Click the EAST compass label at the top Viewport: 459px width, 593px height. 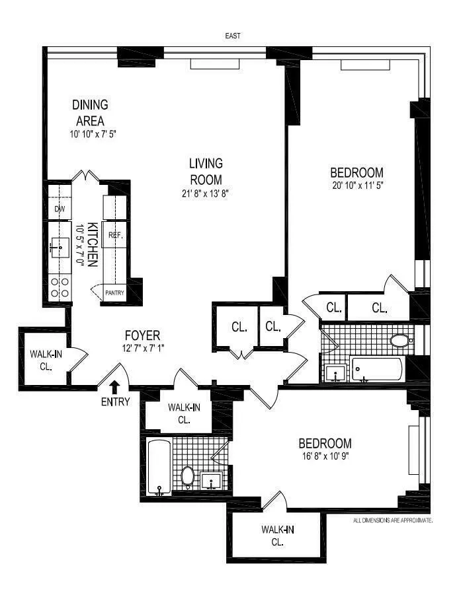click(x=232, y=36)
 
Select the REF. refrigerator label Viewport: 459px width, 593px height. click(x=115, y=234)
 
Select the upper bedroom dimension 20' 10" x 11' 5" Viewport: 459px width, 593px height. click(x=357, y=186)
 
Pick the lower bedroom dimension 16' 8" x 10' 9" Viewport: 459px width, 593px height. click(x=325, y=456)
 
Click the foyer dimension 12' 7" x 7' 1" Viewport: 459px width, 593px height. click(x=142, y=348)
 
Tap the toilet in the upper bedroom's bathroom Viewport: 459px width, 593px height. click(x=399, y=341)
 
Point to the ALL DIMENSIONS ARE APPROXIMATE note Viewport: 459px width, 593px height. click(x=392, y=520)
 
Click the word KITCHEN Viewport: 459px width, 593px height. click(x=93, y=244)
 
